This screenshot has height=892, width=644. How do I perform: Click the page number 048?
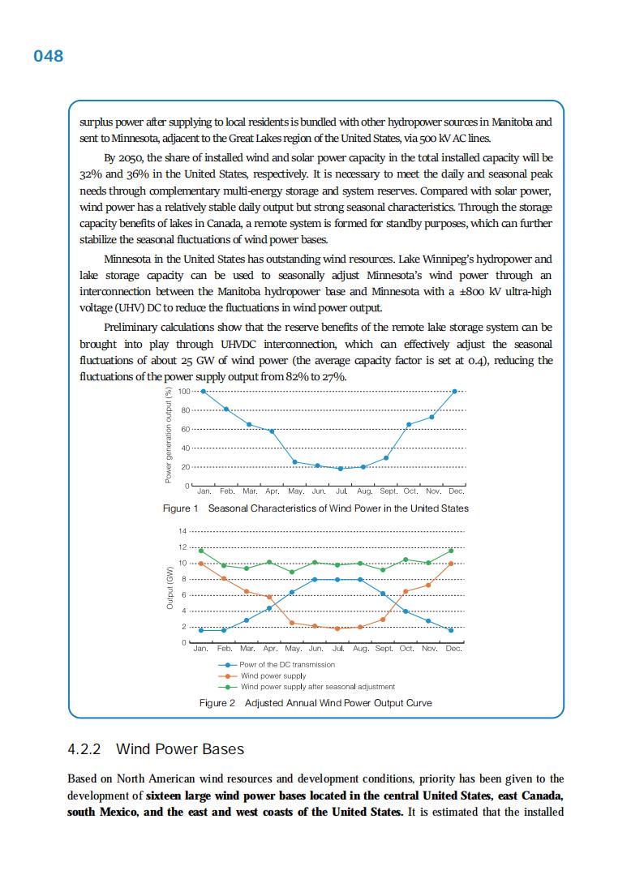(48, 56)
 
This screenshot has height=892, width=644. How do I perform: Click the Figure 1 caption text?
(316, 508)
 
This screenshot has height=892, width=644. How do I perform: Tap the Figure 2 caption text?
(316, 702)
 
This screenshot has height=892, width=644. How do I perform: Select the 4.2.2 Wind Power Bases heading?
(156, 748)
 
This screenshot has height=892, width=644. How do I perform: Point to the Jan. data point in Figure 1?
(203, 391)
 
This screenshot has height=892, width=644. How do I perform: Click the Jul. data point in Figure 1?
(341, 469)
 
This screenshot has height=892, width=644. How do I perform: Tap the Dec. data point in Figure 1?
(455, 391)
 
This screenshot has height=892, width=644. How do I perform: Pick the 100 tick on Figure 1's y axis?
(183, 392)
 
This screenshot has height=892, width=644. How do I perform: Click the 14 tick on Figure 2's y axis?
(183, 531)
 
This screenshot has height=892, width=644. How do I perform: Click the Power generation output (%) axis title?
(169, 438)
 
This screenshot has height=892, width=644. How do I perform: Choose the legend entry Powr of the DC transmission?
(287, 665)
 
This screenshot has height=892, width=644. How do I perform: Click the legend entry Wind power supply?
(273, 675)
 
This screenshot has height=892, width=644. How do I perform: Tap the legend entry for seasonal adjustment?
(317, 686)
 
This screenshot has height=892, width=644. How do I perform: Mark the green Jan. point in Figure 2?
(201, 551)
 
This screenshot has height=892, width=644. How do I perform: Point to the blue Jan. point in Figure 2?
(201, 630)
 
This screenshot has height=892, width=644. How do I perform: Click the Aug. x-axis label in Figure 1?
(364, 491)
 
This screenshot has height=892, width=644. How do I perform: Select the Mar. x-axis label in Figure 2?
(247, 649)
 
